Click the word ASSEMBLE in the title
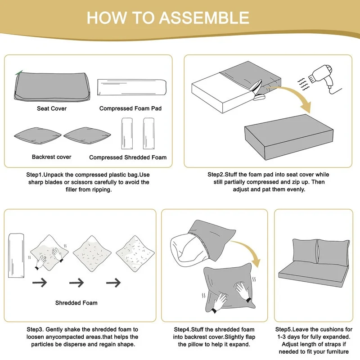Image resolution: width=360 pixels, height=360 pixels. coord(204,18)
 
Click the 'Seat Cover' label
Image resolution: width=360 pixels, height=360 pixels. coord(52,108)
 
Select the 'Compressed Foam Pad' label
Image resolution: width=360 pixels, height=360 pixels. coord(130,108)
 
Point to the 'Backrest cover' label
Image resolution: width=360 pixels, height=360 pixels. coord(52,157)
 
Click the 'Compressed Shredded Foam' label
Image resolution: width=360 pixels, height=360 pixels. coord(128,157)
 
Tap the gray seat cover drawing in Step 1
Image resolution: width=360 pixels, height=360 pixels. coord(52,86)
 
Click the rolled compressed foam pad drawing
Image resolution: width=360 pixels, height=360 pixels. coord(132,87)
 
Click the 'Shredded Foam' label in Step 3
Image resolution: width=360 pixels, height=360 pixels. coord(76,303)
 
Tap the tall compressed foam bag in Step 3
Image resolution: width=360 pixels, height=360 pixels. coord(16,256)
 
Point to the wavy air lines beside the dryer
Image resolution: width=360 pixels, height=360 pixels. coord(303,84)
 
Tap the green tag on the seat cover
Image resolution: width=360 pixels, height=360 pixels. coord(19,72)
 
